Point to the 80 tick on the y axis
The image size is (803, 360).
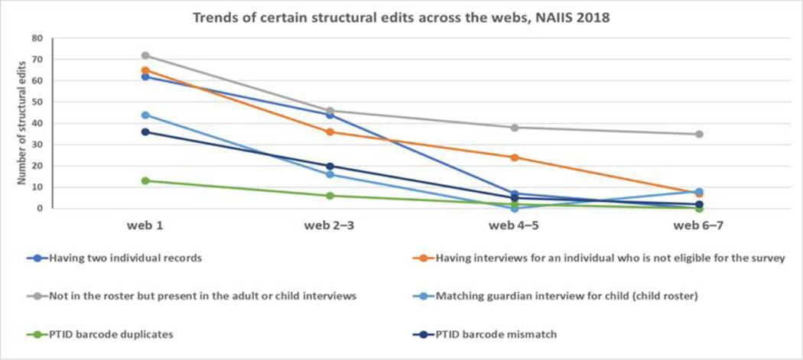(x=37, y=37)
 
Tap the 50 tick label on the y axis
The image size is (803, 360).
(x=37, y=102)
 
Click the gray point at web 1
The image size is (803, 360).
(x=145, y=55)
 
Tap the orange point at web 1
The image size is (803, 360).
(x=145, y=70)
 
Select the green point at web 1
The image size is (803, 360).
(x=145, y=181)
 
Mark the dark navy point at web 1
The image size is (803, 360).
(x=145, y=131)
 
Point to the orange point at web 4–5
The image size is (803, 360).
(x=515, y=157)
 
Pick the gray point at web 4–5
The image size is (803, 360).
(x=515, y=128)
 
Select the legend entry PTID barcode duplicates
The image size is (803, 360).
(x=111, y=334)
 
